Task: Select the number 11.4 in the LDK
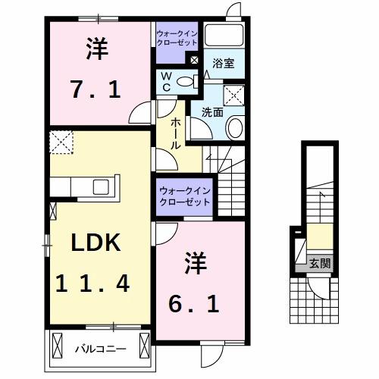click(x=92, y=284)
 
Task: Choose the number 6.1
click(x=194, y=303)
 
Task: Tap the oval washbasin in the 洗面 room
click(x=233, y=128)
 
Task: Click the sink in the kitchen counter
click(x=100, y=186)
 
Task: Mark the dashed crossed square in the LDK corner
click(x=60, y=142)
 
